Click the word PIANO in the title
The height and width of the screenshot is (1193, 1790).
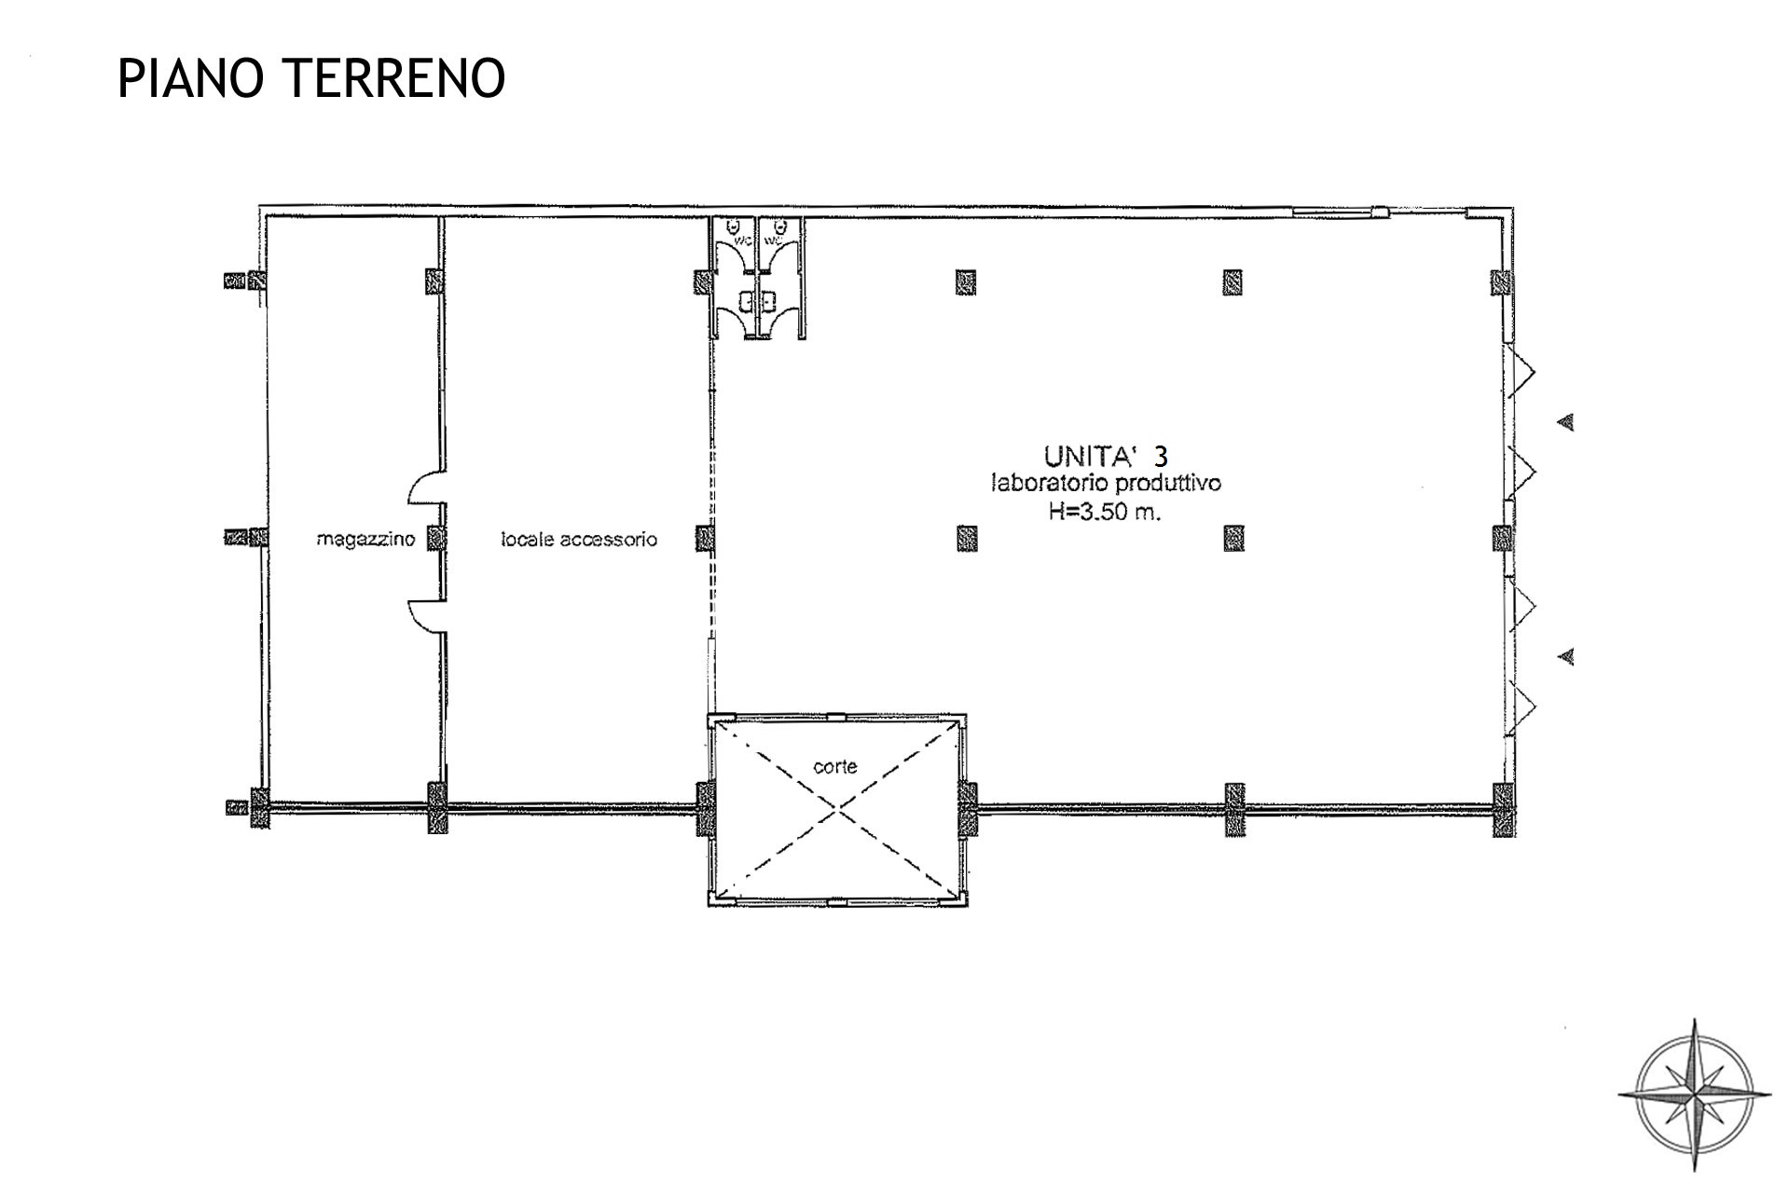186,77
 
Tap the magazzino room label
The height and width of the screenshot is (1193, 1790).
365,539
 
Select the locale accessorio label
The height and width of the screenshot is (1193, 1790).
579,539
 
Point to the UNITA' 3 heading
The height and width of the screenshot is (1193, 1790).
1106,456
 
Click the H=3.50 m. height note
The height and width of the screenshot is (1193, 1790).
1105,513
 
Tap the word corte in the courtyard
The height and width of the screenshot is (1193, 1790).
835,767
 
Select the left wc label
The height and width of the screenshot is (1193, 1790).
743,240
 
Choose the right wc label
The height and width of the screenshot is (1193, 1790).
773,240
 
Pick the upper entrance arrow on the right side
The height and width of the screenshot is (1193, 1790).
1566,422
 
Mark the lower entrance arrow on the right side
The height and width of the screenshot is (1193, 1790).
1566,657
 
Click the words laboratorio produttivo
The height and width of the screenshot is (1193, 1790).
1106,484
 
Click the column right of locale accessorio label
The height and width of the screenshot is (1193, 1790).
705,538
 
